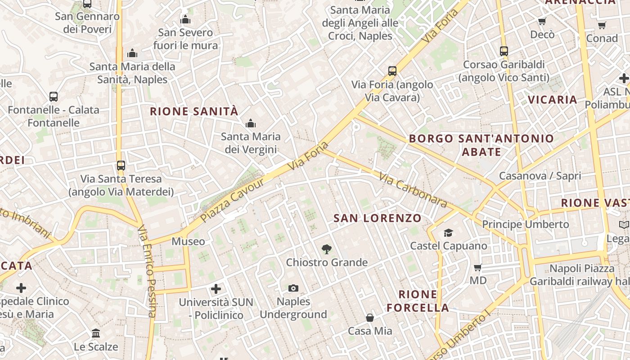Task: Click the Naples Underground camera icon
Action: pyautogui.click(x=293, y=288)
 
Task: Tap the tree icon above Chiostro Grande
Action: pyautogui.click(x=327, y=249)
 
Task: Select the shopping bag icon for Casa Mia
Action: pyautogui.click(x=370, y=318)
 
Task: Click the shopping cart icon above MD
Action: pyautogui.click(x=478, y=267)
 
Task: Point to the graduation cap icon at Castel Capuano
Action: pyautogui.click(x=448, y=233)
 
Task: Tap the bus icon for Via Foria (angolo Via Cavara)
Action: pyautogui.click(x=392, y=71)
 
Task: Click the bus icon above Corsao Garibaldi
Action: pyautogui.click(x=504, y=51)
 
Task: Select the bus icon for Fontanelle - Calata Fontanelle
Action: pyautogui.click(x=54, y=96)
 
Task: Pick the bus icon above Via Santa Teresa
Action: pyautogui.click(x=121, y=165)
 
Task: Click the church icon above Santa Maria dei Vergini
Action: pyautogui.click(x=251, y=123)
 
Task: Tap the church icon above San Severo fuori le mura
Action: pyautogui.click(x=185, y=19)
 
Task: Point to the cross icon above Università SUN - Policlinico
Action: pyautogui.click(x=216, y=288)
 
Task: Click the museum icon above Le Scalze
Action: pyautogui.click(x=96, y=333)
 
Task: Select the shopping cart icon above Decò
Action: pyautogui.click(x=542, y=21)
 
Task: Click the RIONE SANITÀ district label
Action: pyautogui.click(x=194, y=112)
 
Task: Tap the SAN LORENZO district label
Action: pyautogui.click(x=378, y=219)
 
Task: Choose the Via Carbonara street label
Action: pyautogui.click(x=413, y=190)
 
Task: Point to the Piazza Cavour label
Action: pyautogui.click(x=232, y=200)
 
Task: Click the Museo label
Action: pyautogui.click(x=188, y=242)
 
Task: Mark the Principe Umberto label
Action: pyautogui.click(x=526, y=224)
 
